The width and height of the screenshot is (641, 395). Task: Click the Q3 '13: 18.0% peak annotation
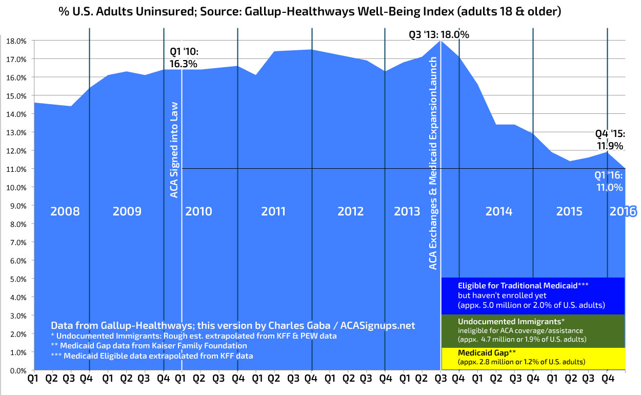(x=438, y=35)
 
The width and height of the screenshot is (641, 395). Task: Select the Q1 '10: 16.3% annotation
(x=184, y=57)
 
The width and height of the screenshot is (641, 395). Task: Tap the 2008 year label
(x=65, y=211)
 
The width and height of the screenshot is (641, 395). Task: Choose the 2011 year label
(x=273, y=211)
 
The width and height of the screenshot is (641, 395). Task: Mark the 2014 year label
(x=498, y=211)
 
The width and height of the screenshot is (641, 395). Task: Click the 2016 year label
(x=623, y=211)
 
